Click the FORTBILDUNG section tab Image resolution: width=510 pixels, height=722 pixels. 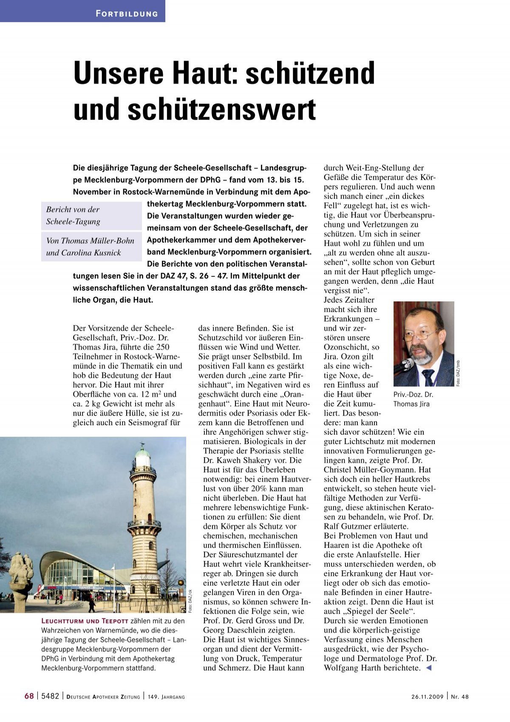(127, 14)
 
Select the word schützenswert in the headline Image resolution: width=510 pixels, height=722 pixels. (221, 110)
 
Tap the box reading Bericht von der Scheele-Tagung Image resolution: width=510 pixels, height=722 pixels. (91, 216)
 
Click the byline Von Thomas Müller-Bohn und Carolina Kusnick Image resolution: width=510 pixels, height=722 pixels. (91, 247)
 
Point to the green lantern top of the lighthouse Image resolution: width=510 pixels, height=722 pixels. (142, 456)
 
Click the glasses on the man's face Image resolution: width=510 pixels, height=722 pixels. (419, 335)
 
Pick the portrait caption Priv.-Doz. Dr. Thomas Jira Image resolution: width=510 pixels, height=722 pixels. (413, 399)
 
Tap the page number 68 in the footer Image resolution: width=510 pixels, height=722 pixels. (29, 696)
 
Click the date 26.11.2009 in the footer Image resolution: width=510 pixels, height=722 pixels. (427, 697)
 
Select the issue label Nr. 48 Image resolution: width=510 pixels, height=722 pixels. (460, 697)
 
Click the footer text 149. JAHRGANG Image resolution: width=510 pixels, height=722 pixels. (167, 697)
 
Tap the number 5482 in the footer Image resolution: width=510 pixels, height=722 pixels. (50, 696)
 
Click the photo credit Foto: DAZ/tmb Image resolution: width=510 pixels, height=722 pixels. (458, 374)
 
